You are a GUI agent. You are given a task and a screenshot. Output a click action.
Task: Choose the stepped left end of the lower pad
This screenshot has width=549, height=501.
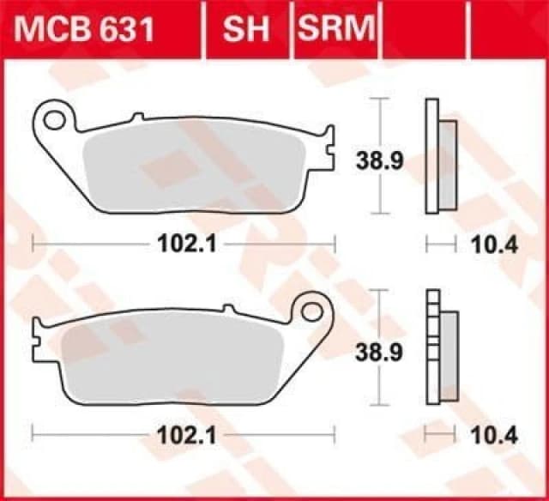pyautogui.click(x=38, y=330)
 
